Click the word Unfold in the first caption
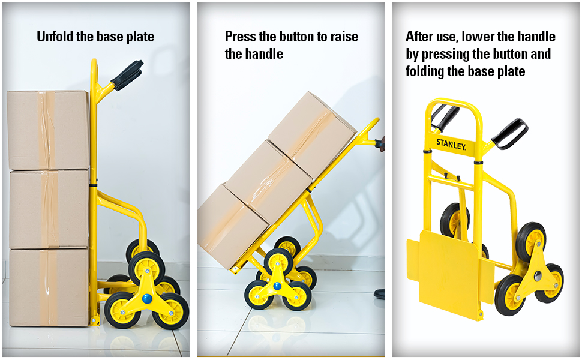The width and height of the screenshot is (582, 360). coord(55,37)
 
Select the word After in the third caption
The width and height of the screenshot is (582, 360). coord(418,37)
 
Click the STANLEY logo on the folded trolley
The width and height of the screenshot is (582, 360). coord(451,144)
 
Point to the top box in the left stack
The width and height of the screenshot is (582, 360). coord(48,130)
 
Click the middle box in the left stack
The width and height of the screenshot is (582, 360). coord(49,209)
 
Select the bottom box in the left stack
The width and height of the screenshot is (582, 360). coord(49,287)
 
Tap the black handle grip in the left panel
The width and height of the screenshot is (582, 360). coord(127,76)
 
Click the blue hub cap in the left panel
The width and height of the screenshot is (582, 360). coord(148,299)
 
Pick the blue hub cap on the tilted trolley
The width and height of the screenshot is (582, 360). coord(277,286)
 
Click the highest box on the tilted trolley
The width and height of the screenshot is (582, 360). coord(312,134)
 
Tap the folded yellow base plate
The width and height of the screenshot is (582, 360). coord(450,273)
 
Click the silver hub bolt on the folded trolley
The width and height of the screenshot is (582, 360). coord(538,276)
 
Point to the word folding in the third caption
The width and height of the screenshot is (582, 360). coord(425,71)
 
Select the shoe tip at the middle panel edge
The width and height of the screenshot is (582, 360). coord(379,294)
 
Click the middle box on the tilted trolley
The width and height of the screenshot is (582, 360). coord(269,182)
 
